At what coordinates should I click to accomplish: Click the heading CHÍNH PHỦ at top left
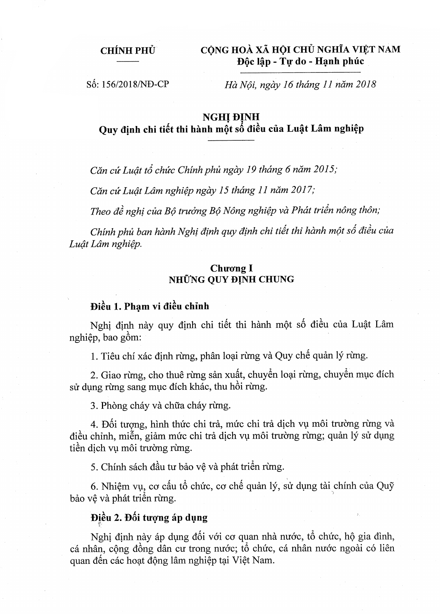[128, 51]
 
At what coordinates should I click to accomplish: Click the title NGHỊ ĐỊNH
[231, 116]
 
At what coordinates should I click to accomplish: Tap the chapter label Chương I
[231, 267]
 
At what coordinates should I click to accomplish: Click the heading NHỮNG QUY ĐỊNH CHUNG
[231, 280]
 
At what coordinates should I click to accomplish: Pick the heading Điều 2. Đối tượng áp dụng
[149, 518]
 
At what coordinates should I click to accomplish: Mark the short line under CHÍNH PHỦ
[128, 63]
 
